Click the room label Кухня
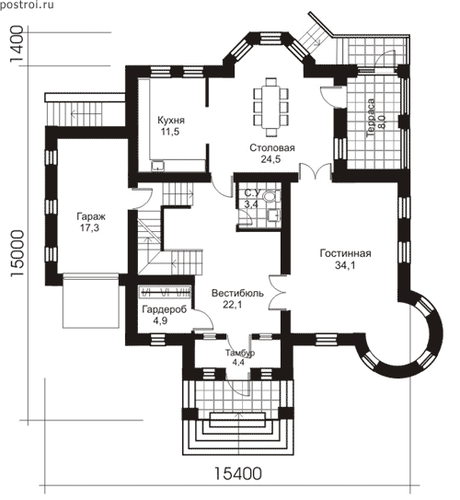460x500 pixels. pos(171,121)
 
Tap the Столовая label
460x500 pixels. pos(272,148)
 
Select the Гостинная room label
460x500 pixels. pos(345,253)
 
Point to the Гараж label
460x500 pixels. pos(91,216)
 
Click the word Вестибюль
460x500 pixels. pos(237,293)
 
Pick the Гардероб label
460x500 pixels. pos(165,309)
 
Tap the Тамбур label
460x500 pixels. pos(240,353)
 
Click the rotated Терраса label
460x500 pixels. pos(371,118)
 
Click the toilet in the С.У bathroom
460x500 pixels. pos(270,196)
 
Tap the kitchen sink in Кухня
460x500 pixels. pos(157,166)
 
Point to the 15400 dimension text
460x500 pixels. pos(238,473)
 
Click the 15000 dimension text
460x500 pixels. pos(17,253)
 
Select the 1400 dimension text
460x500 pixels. pos(17,44)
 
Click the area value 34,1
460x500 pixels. pos(345,265)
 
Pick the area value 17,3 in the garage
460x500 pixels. pos(90,228)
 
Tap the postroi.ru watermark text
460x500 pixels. pos(27,5)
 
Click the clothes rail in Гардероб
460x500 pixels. pos(166,292)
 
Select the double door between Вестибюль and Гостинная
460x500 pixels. pos(277,292)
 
